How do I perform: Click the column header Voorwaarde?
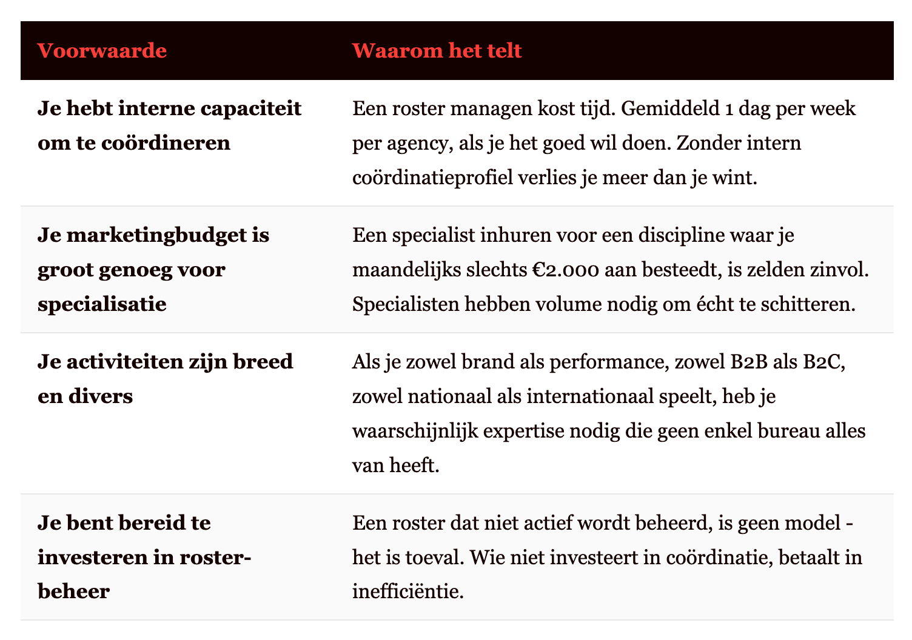point(102,50)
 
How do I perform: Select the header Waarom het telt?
point(437,50)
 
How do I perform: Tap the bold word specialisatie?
point(102,304)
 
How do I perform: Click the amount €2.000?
point(560,270)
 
